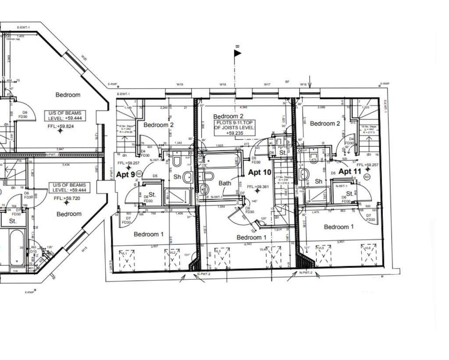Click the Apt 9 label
pyautogui.click(x=125, y=175)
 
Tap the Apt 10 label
pyautogui.click(x=260, y=172)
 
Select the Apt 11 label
pyautogui.click(x=350, y=171)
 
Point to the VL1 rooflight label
pyautogui.click(x=124, y=253)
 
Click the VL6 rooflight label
pyautogui.click(x=367, y=248)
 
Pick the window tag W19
pyautogui.click(x=180, y=84)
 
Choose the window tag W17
pyautogui.click(x=267, y=84)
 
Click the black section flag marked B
pyautogui.click(x=237, y=53)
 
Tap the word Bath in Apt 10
pyautogui.click(x=224, y=183)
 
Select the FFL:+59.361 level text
pyautogui.click(x=258, y=187)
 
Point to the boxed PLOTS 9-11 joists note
pyautogui.click(x=234, y=127)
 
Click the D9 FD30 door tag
pyautogui.click(x=25, y=115)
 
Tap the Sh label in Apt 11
pyautogui.click(x=319, y=181)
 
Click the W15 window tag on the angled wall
pyautogui.click(x=84, y=250)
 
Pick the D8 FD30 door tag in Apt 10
pyautogui.click(x=249, y=210)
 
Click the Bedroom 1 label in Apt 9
pyautogui.click(x=149, y=234)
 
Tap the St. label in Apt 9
pyautogui.click(x=152, y=194)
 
